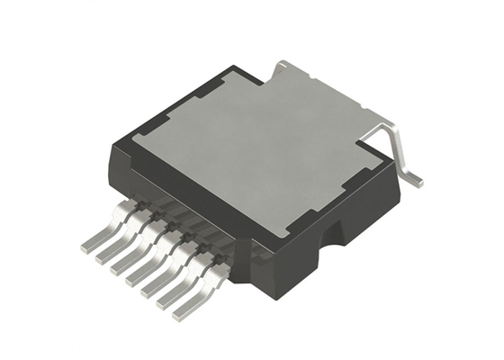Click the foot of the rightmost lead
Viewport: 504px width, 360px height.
click(185, 310)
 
